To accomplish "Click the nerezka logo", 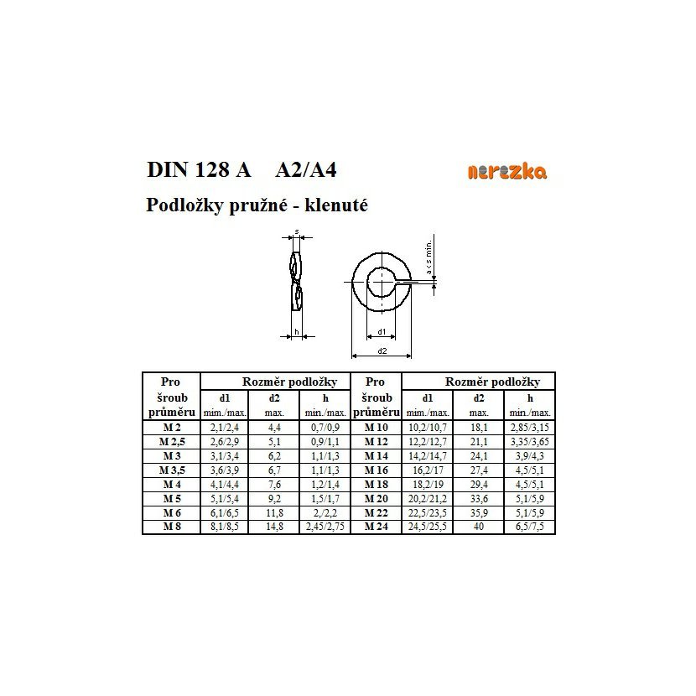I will (x=506, y=172).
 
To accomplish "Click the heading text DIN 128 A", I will (x=199, y=169).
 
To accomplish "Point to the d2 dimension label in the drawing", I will (x=382, y=351).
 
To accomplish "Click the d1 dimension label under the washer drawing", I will (x=382, y=331).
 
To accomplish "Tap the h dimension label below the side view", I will (x=296, y=333).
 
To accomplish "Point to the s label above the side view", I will (x=297, y=231).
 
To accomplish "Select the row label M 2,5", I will (x=171, y=441).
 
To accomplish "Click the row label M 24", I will (x=376, y=527).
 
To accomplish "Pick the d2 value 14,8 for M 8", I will (x=274, y=527).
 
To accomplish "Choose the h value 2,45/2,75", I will (x=325, y=527).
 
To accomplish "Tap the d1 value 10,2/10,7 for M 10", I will (x=428, y=427).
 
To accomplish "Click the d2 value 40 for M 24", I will (x=479, y=527).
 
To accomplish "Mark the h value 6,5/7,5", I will (x=530, y=527).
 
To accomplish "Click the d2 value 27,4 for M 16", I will (x=479, y=470).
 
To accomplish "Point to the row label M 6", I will (x=171, y=512).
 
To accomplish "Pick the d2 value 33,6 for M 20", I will (x=479, y=498).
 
